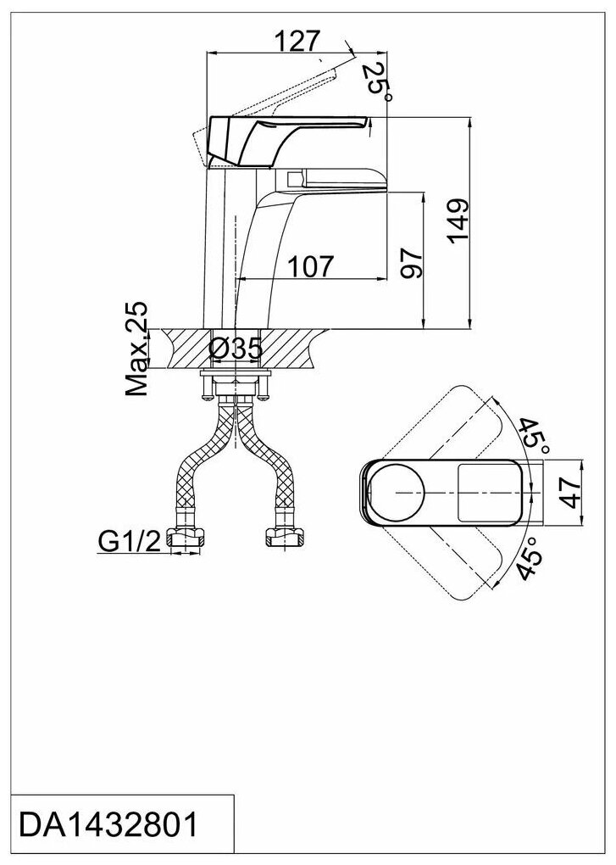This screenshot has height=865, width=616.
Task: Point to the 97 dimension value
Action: coord(410,265)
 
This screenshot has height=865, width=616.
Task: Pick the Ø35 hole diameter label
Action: coord(234,348)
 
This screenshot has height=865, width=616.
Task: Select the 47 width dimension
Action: coord(574,491)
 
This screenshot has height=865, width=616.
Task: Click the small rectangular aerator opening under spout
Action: coord(296,180)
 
